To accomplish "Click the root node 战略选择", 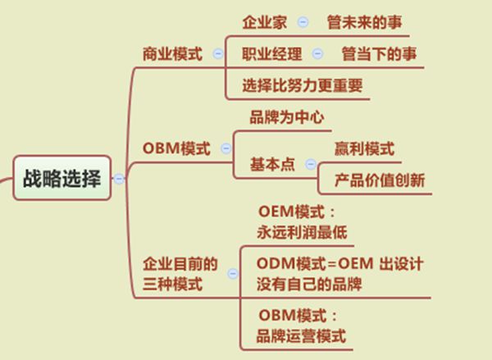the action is point(62,178).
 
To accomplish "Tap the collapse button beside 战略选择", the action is point(119,179).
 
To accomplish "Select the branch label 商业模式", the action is point(172,53).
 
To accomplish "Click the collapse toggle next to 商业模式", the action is point(218,53).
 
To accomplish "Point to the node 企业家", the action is point(265,22).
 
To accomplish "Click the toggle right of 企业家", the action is point(303,22).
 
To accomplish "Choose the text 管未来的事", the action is point(364,22).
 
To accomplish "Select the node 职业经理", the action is point(271,53).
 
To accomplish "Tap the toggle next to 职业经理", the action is point(317,53).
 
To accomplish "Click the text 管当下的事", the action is point(379,53).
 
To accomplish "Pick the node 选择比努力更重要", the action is point(303,85).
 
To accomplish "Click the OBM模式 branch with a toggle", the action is point(176,148).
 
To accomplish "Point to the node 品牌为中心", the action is point(287,117).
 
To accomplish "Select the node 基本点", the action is point(272,164).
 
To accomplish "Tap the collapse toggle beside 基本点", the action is point(311,164).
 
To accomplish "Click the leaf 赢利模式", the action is point(364,148).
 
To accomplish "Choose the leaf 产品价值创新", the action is point(380,180).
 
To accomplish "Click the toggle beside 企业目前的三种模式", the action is point(233,274).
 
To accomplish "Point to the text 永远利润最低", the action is point(302,233).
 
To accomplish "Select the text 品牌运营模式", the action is point(301,336).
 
